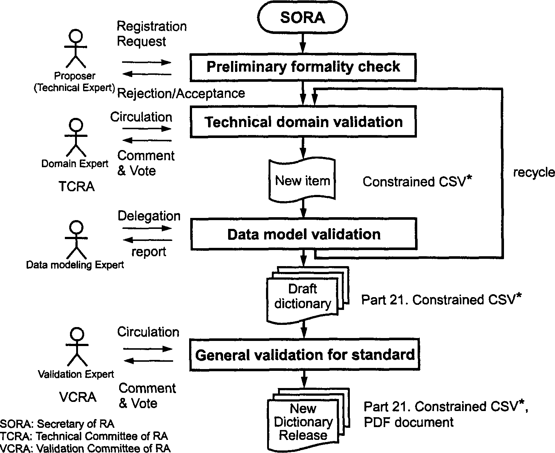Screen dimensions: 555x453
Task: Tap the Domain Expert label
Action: (75, 164)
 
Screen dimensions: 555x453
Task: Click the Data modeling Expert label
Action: (75, 265)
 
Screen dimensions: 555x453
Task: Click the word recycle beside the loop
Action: (534, 173)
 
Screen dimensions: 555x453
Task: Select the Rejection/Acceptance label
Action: (181, 93)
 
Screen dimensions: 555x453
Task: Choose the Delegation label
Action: (149, 216)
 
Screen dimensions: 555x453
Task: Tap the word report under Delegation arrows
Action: (149, 252)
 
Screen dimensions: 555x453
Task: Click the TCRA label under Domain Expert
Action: (77, 186)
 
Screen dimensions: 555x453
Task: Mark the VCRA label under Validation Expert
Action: (78, 397)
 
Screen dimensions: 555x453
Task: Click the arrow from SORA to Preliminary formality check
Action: (302, 43)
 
